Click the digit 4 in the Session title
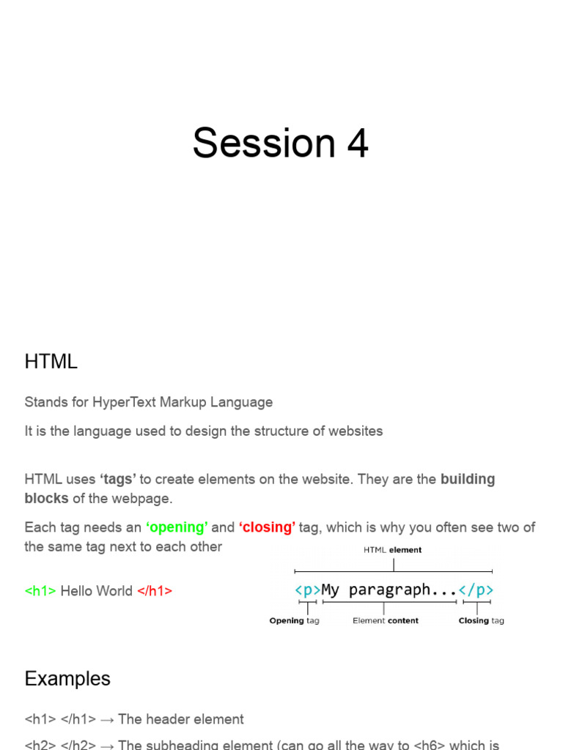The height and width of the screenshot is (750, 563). (357, 143)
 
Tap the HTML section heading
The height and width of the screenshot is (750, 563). (51, 362)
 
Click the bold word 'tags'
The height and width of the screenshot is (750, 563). (118, 480)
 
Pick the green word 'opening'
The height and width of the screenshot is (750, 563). (177, 527)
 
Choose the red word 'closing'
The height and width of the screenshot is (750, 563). (267, 527)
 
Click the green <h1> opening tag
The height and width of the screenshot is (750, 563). (40, 591)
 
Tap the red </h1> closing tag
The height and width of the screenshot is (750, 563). (155, 591)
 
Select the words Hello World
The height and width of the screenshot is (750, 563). (97, 591)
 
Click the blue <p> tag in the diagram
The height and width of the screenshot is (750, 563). (308, 590)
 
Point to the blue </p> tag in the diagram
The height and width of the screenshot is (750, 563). (476, 590)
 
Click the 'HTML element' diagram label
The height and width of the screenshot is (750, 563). (393, 550)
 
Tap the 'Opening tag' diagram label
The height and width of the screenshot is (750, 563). (294, 621)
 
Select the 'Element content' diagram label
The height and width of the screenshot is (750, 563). (386, 621)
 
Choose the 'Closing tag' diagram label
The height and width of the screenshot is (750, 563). (481, 621)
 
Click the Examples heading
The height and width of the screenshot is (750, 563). (67, 679)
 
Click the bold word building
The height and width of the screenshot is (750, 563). (468, 480)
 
